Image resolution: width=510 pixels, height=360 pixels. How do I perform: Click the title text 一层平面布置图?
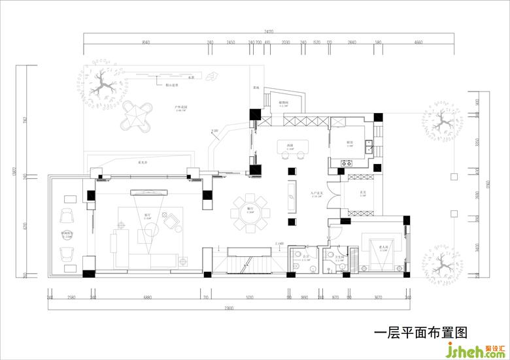[x=420, y=333]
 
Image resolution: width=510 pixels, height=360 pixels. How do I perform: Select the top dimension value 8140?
[x=145, y=42]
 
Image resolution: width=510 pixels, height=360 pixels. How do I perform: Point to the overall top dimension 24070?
[x=269, y=31]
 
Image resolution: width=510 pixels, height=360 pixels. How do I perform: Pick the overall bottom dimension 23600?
[x=228, y=308]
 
